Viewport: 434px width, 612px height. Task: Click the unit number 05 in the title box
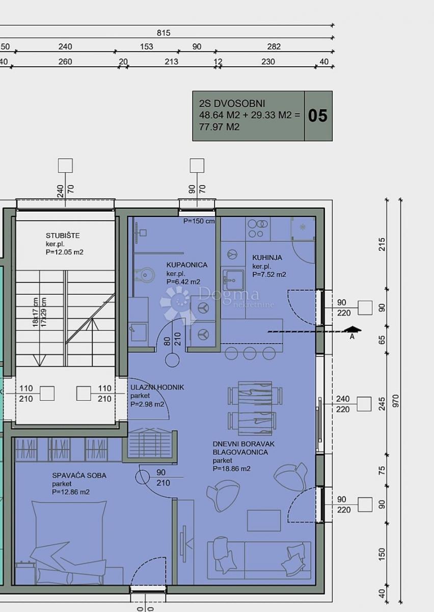pyautogui.click(x=318, y=116)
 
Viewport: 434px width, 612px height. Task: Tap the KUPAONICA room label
pyautogui.click(x=186, y=265)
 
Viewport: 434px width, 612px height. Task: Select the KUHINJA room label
pyautogui.click(x=267, y=258)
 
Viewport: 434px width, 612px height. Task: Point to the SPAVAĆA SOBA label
pyautogui.click(x=79, y=475)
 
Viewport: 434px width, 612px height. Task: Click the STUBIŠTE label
pyautogui.click(x=63, y=236)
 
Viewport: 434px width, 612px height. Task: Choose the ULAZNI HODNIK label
pyautogui.click(x=157, y=387)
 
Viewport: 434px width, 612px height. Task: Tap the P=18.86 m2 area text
pyautogui.click(x=231, y=469)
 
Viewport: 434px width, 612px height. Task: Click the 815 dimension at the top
pyautogui.click(x=164, y=33)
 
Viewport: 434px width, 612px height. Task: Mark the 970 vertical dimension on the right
pyautogui.click(x=396, y=400)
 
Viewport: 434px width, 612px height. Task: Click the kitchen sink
pyautogui.click(x=233, y=279)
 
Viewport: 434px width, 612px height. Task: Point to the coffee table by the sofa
pyautogui.click(x=264, y=520)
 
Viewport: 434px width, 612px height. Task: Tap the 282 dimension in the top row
pyautogui.click(x=274, y=47)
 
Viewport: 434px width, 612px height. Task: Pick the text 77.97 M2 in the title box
pyautogui.click(x=219, y=127)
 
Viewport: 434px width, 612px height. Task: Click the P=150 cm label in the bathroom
pyautogui.click(x=199, y=221)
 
